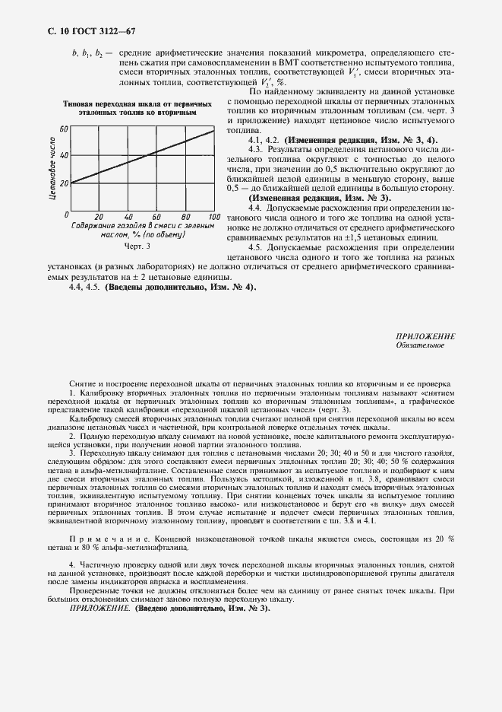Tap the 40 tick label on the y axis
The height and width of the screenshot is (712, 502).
[x=64, y=155]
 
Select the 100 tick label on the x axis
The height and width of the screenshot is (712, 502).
[x=213, y=217]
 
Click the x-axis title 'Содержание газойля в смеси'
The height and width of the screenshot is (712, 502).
[x=142, y=226]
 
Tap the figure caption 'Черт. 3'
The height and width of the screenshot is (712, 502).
[x=137, y=246]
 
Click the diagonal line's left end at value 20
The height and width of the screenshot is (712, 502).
[x=71, y=183]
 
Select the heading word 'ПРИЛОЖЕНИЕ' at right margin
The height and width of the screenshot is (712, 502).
[x=425, y=335]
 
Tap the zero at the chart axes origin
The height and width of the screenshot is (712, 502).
[x=68, y=216]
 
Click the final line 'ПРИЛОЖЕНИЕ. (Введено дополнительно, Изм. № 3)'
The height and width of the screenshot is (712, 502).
[x=169, y=610]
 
